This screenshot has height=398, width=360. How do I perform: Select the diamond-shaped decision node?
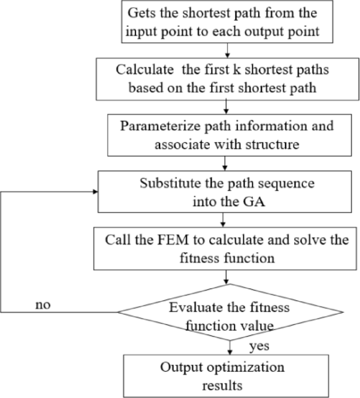tap(230, 313)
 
